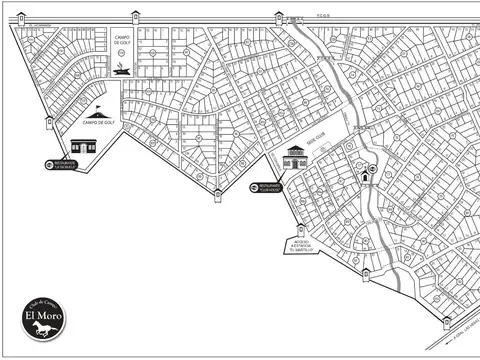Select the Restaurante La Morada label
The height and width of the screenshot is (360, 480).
(67, 165)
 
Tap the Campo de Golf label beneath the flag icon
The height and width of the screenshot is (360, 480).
(97, 124)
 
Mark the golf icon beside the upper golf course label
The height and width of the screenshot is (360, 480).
(123, 68)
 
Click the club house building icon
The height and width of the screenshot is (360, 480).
(295, 158)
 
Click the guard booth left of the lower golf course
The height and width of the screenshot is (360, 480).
(48, 123)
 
